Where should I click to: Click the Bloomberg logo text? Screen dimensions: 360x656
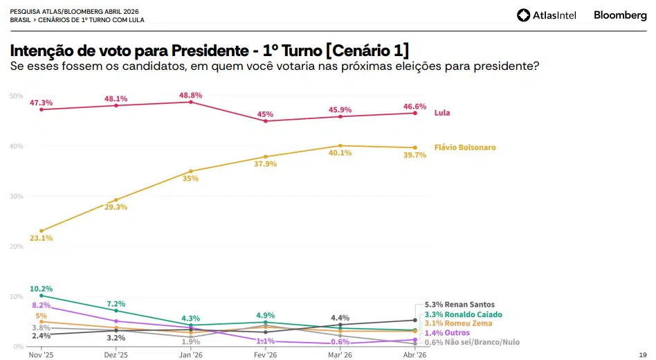click(620, 15)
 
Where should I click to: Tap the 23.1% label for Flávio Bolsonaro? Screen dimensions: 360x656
click(42, 238)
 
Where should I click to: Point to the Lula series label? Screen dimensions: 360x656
click(442, 113)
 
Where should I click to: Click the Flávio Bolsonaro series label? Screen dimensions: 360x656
click(464, 147)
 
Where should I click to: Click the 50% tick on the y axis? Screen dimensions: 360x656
click(17, 96)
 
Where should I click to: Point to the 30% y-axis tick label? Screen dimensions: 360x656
click(17, 196)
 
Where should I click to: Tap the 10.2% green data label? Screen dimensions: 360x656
click(42, 289)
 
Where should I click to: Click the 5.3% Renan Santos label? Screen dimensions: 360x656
click(455, 305)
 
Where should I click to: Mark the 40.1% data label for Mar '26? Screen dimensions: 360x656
click(340, 154)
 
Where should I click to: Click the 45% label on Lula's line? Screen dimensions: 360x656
click(266, 114)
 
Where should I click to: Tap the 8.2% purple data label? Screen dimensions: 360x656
click(42, 305)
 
